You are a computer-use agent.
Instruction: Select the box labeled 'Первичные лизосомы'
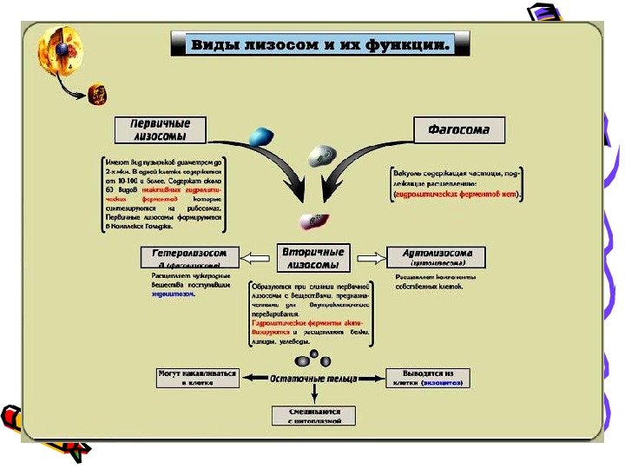click(161, 129)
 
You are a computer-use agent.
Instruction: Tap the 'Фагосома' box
click(457, 129)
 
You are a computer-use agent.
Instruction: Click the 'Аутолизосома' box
click(433, 257)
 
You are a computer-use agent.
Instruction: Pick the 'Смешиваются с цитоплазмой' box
click(314, 415)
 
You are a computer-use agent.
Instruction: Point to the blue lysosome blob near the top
click(261, 135)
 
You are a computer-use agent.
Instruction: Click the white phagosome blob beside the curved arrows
click(322, 155)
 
